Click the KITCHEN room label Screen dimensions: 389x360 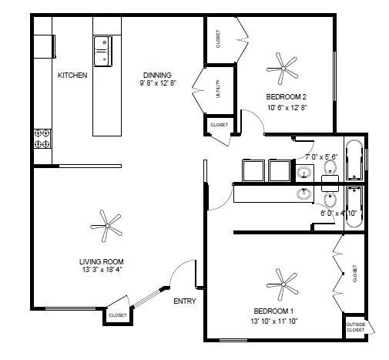(72, 76)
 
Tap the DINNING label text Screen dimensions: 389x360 (157, 76)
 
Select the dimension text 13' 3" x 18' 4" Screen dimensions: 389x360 (102, 270)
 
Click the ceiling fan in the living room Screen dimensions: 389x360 (106, 226)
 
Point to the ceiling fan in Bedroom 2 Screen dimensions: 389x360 (283, 69)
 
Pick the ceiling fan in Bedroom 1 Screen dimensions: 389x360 (283, 284)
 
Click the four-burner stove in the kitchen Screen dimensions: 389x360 (42, 139)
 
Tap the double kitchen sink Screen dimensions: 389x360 (103, 52)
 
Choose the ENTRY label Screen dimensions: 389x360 (185, 301)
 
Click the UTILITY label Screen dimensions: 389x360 (218, 89)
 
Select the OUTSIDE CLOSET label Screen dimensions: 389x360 (356, 327)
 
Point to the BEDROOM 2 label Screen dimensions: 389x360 (286, 97)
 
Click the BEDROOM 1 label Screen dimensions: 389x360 (273, 311)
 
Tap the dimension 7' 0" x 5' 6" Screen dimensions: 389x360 (321, 156)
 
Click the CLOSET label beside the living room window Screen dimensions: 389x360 (118, 315)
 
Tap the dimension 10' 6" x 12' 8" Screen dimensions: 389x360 (287, 108)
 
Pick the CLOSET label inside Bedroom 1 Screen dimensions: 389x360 (355, 274)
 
